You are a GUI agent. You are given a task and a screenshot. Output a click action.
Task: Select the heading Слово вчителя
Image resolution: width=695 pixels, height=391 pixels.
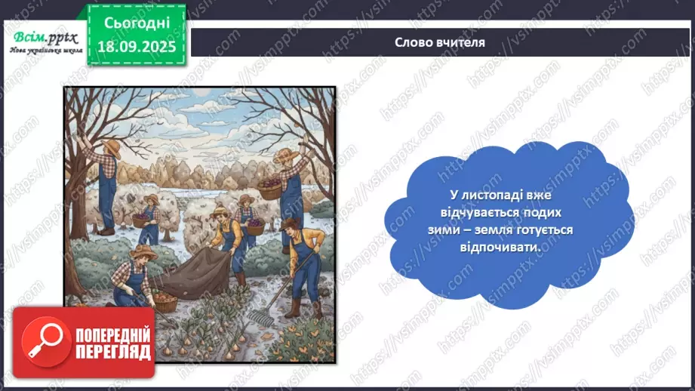[440, 42]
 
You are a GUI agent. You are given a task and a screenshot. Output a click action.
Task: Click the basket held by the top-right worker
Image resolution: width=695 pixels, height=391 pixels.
[269, 189]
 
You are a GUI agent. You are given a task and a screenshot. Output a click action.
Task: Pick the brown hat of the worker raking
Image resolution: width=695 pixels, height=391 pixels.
[291, 223]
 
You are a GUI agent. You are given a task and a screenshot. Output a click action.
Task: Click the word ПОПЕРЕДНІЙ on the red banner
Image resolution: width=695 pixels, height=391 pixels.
[112, 335]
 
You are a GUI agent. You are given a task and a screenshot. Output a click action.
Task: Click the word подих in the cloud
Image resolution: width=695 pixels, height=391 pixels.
[540, 214]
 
